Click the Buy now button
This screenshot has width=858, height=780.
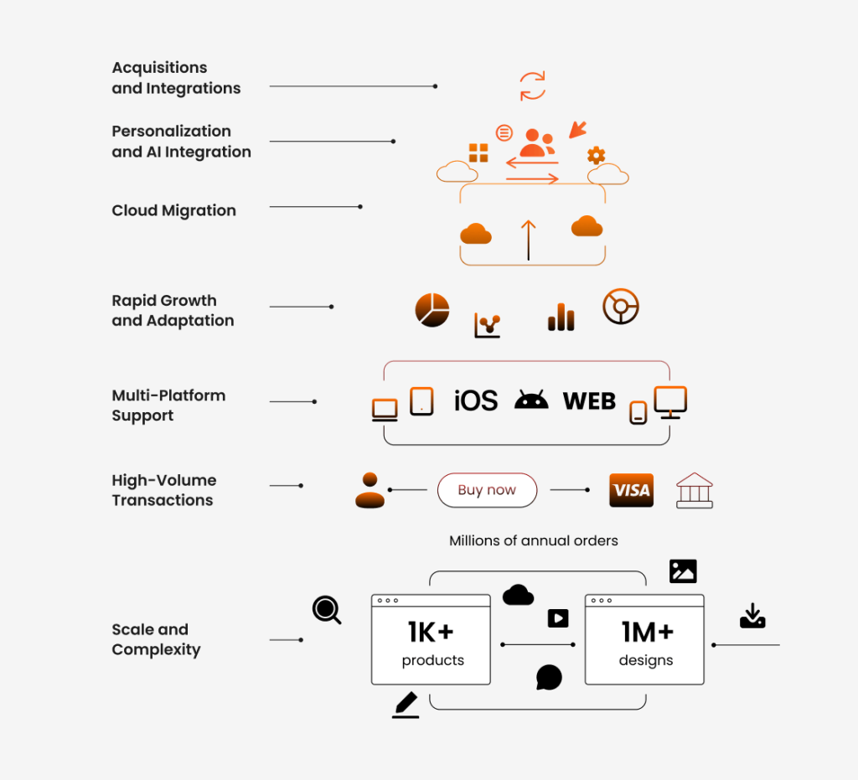(487, 490)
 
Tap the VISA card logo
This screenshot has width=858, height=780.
(632, 490)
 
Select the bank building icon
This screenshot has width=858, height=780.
(695, 491)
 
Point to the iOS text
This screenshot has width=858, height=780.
(476, 400)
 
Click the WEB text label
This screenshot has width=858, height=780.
(589, 401)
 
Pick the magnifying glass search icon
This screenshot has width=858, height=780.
(328, 610)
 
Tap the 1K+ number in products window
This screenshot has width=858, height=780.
(431, 633)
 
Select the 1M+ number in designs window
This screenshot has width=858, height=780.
(648, 633)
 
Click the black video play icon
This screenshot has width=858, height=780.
(558, 618)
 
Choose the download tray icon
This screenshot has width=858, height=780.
(753, 616)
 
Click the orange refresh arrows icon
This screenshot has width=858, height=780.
(532, 86)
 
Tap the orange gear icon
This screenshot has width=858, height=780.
(597, 155)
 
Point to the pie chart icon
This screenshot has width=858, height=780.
(432, 310)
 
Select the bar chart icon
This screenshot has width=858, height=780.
(561, 318)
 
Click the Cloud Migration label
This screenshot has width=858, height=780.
(174, 210)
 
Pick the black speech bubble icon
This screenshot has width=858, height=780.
(550, 678)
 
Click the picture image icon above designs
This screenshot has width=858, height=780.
(683, 571)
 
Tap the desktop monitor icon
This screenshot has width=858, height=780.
(671, 403)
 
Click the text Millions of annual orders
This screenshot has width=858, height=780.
(534, 541)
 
